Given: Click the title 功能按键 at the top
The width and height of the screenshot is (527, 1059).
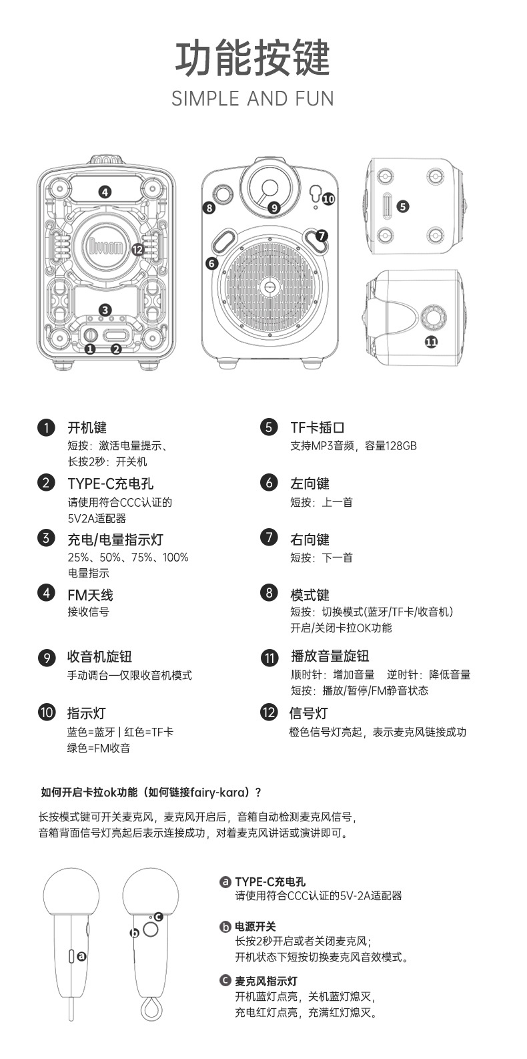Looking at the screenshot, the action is (x=253, y=59).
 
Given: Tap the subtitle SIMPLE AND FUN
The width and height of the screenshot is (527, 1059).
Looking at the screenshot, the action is (x=253, y=99).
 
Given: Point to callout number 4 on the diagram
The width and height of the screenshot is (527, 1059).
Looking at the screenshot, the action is (x=105, y=192).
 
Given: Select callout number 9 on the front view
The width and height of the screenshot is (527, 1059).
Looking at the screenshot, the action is (x=274, y=208).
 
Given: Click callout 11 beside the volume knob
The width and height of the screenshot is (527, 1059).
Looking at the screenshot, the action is (x=431, y=342).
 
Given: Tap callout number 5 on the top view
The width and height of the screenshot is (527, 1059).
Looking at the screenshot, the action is (x=402, y=206).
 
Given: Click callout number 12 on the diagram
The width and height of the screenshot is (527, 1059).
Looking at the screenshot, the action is (x=137, y=249).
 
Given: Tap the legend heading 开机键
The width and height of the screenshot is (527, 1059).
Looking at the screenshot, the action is (x=87, y=427).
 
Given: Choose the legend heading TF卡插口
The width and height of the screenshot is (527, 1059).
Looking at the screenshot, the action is (x=318, y=427).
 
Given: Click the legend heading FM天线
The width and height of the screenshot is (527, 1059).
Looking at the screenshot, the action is (x=90, y=595).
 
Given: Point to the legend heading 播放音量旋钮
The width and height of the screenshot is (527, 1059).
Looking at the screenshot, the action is (x=330, y=656).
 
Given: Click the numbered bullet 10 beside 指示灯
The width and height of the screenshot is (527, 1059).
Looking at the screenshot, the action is (x=47, y=712).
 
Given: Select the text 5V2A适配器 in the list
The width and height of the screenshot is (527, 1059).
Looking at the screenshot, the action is (x=97, y=518).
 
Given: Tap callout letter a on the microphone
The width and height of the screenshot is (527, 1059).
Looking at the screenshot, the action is (x=81, y=956).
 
